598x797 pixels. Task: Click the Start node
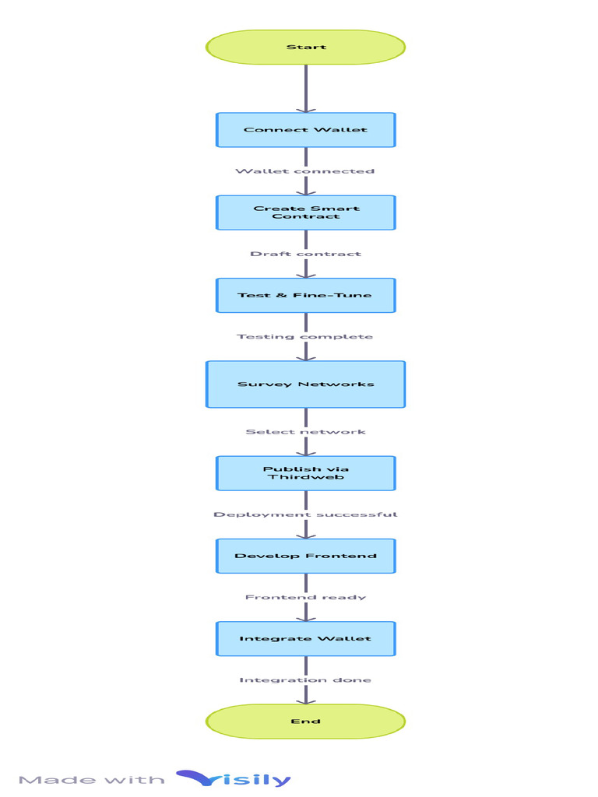(305, 47)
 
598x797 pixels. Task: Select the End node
(305, 722)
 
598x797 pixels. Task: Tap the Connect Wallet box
(305, 130)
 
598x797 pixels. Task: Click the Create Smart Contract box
(305, 212)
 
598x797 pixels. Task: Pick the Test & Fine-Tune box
(305, 296)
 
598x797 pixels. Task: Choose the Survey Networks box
(305, 384)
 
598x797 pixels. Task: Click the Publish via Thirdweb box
(305, 473)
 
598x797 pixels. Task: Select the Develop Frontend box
(305, 556)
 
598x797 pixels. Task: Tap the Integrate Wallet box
(305, 639)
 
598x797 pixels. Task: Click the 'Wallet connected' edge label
(305, 171)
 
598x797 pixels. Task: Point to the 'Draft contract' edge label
(305, 254)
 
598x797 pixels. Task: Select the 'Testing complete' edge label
(305, 337)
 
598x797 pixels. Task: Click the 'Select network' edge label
(305, 432)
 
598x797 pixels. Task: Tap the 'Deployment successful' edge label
(305, 514)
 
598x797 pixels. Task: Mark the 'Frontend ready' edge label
(305, 597)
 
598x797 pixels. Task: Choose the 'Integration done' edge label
(305, 680)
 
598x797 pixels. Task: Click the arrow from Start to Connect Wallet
(305, 87)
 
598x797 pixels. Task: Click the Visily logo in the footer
(234, 778)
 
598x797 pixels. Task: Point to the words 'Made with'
(92, 780)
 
